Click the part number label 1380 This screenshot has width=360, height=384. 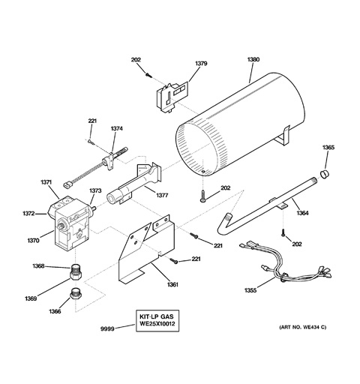pyautogui.click(x=253, y=59)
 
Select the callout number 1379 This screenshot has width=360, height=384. pyautogui.click(x=201, y=64)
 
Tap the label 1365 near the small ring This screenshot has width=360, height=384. pyautogui.click(x=328, y=148)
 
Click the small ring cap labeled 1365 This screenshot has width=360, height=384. pyautogui.click(x=325, y=174)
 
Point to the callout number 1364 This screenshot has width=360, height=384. pyautogui.click(x=302, y=213)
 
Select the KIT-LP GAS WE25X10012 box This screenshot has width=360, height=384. pyautogui.click(x=157, y=321)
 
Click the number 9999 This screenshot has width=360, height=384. pyautogui.click(x=107, y=329)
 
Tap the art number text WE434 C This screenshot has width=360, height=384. pyautogui.click(x=314, y=327)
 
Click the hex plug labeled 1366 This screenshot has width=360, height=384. pyautogui.click(x=75, y=293)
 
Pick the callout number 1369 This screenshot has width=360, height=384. pyautogui.click(x=31, y=298)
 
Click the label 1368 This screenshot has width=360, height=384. pyautogui.click(x=38, y=266)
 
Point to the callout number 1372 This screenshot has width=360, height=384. pyautogui.click(x=28, y=214)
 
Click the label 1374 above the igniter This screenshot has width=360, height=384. pyautogui.click(x=117, y=129)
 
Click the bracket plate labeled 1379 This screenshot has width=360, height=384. pyautogui.click(x=172, y=97)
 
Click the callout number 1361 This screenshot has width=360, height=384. pyautogui.click(x=172, y=284)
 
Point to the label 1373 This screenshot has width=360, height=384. pyautogui.click(x=95, y=190)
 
